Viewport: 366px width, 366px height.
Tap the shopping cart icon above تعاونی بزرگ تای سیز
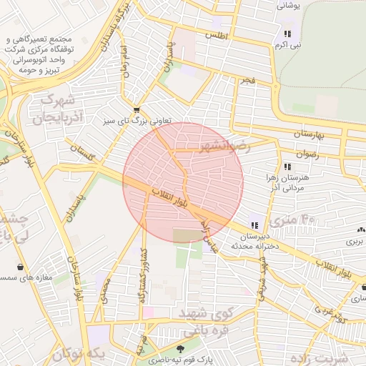coord(137,109)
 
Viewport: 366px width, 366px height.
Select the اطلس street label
coord(215,34)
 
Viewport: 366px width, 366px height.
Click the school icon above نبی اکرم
coord(287,34)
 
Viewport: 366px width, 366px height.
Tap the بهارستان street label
coord(309,134)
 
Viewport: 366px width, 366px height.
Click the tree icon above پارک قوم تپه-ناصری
coord(188,349)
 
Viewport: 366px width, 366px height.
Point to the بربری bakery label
coord(355,242)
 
